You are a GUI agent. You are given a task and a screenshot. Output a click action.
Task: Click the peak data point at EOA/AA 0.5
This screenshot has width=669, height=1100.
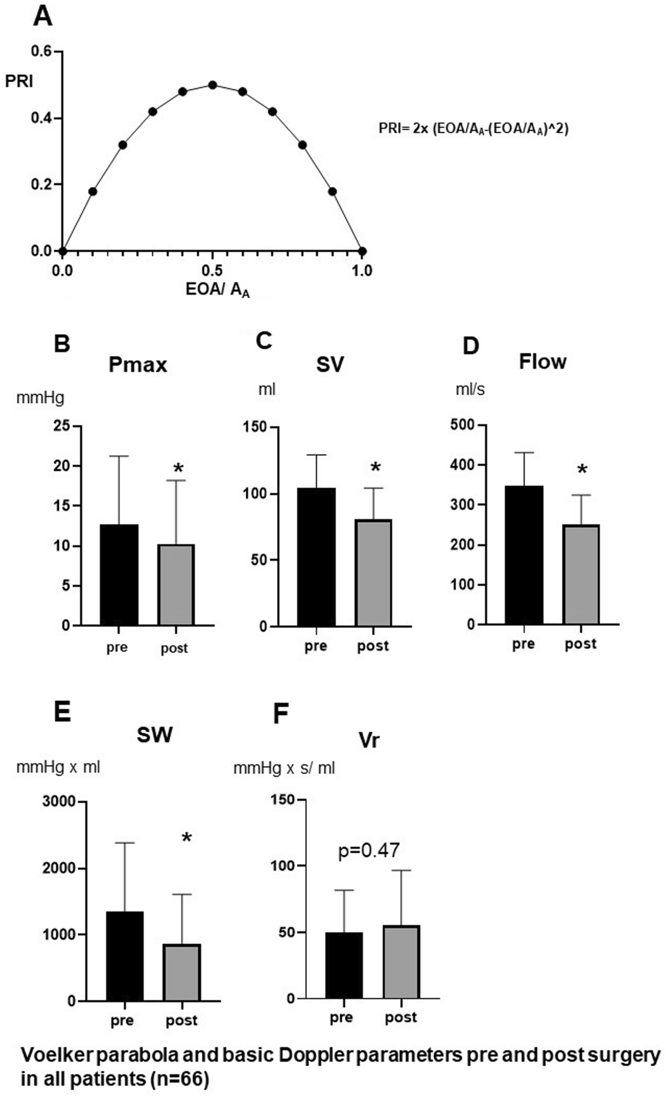[213, 85]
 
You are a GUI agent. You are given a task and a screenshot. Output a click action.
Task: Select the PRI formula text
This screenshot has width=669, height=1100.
[473, 128]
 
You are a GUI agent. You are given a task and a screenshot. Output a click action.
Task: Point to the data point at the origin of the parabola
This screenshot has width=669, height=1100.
[62, 251]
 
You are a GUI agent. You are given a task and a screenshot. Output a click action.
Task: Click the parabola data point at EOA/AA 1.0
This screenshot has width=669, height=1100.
[362, 251]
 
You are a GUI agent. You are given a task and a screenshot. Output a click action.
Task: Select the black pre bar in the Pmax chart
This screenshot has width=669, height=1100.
[119, 575]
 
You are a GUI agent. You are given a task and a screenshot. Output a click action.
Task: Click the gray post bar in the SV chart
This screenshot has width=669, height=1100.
[374, 573]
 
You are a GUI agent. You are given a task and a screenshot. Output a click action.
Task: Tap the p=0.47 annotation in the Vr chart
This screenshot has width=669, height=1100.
[369, 851]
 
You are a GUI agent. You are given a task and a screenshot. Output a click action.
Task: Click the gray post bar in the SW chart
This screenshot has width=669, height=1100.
[182, 972]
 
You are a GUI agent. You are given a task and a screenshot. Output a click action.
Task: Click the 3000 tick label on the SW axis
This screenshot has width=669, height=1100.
[59, 802]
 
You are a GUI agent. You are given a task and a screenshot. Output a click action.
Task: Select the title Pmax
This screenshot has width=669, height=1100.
[137, 365]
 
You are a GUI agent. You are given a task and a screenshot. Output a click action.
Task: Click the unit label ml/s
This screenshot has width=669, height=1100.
[470, 389]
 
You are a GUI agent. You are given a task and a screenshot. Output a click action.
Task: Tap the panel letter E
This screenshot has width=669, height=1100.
[62, 712]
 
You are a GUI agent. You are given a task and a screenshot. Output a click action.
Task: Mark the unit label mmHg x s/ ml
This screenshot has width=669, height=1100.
[284, 768]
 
